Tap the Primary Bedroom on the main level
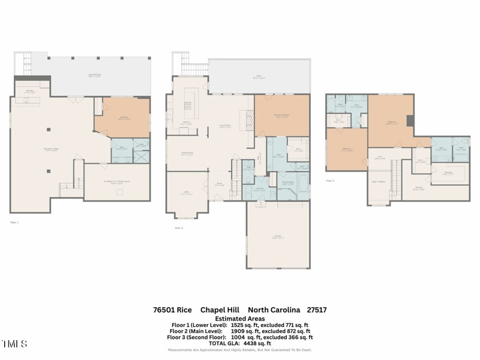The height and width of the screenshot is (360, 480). (x=282, y=116)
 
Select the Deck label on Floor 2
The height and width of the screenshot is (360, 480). (x=258, y=77)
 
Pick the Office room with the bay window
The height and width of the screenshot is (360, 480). (x=186, y=193)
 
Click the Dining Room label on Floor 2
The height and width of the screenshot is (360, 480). (x=186, y=153)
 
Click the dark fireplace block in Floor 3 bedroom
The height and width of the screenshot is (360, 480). (x=410, y=121)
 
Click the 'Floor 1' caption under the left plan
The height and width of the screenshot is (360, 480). (x=14, y=223)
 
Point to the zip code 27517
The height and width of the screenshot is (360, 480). (x=316, y=310)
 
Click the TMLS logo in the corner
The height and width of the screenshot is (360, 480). (x=14, y=344)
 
